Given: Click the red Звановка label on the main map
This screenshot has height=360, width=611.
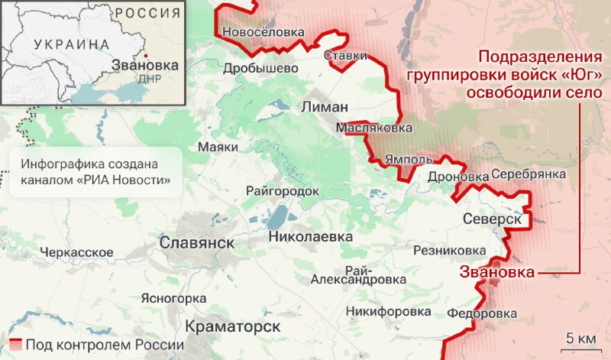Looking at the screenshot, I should tap(496, 272).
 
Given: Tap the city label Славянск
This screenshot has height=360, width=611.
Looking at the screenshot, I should tap(197, 242).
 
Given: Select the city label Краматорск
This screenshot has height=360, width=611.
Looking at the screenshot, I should tap(232, 326).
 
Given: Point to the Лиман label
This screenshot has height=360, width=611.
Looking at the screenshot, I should tap(325, 106).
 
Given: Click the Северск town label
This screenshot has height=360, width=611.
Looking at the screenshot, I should tap(492, 219).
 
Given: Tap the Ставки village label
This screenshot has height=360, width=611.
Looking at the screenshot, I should tap(346, 56).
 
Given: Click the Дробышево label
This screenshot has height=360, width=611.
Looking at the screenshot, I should tap(260, 68).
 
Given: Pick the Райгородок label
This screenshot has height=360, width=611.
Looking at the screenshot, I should tap(282, 190).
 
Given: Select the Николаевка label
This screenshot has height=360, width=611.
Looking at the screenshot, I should tap(311, 237).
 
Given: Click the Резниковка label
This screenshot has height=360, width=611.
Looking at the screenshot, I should tap(449, 251).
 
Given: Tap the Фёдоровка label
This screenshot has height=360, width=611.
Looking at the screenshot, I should tap(482, 313).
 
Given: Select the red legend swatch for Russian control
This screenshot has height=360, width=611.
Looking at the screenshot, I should tap(15, 345).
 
